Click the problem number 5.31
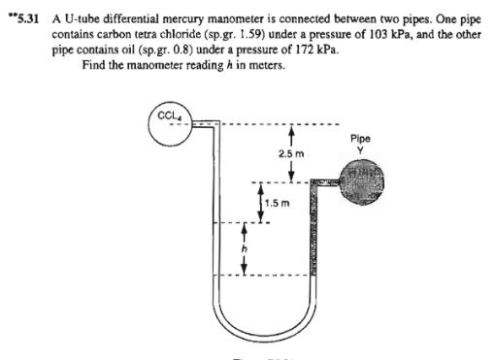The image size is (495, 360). (22, 11)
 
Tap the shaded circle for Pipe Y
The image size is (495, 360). (360, 183)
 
